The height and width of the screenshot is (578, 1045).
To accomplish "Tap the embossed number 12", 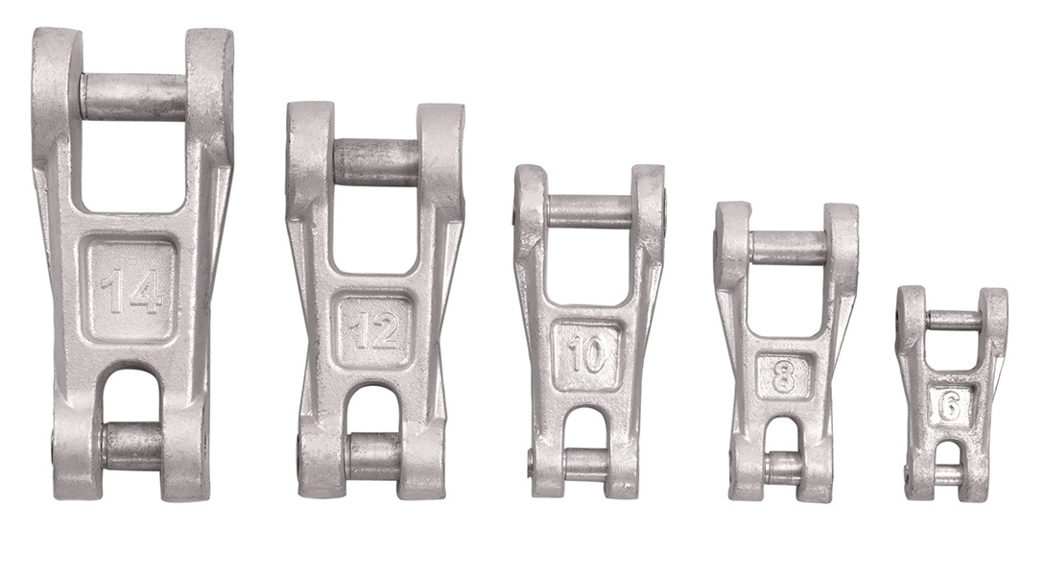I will pos(374,331).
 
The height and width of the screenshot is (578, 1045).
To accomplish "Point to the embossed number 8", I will pos(784,376).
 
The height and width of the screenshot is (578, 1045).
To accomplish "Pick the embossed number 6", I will pos(949,405).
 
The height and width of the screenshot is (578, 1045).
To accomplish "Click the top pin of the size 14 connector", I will pos(133,97).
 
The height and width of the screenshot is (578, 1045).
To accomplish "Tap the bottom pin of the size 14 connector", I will pos(132,446).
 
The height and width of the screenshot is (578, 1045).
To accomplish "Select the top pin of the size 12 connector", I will pos(375,162).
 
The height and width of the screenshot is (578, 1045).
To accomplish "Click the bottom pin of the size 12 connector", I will pos(373,455).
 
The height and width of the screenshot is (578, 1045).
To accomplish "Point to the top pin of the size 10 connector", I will pos(588,211).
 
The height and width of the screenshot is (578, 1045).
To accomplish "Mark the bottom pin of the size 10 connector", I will pos(586,464).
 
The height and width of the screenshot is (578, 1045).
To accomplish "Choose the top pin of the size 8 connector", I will pos(788,247).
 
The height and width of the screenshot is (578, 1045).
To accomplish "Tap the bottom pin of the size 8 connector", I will pos(784,468).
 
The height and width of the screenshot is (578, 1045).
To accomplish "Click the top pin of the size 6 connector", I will pos(953,321).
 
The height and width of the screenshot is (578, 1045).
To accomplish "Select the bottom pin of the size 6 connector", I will pos(948,475).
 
